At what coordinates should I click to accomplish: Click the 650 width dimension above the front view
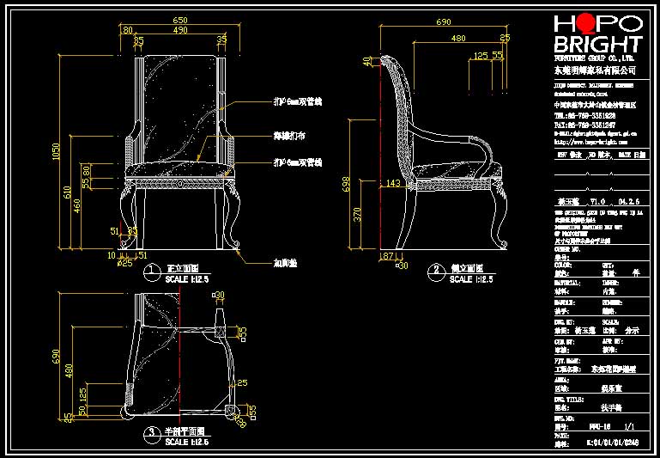click(180, 19)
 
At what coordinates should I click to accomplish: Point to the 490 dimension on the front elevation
click(180, 30)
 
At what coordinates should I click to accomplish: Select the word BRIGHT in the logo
click(597, 44)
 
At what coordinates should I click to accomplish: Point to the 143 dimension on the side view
click(394, 182)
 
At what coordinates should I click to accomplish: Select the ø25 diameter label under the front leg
click(125, 262)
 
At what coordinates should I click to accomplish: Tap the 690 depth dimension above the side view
click(445, 19)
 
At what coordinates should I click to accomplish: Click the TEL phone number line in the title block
click(584, 115)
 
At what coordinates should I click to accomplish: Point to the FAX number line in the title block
click(584, 125)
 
